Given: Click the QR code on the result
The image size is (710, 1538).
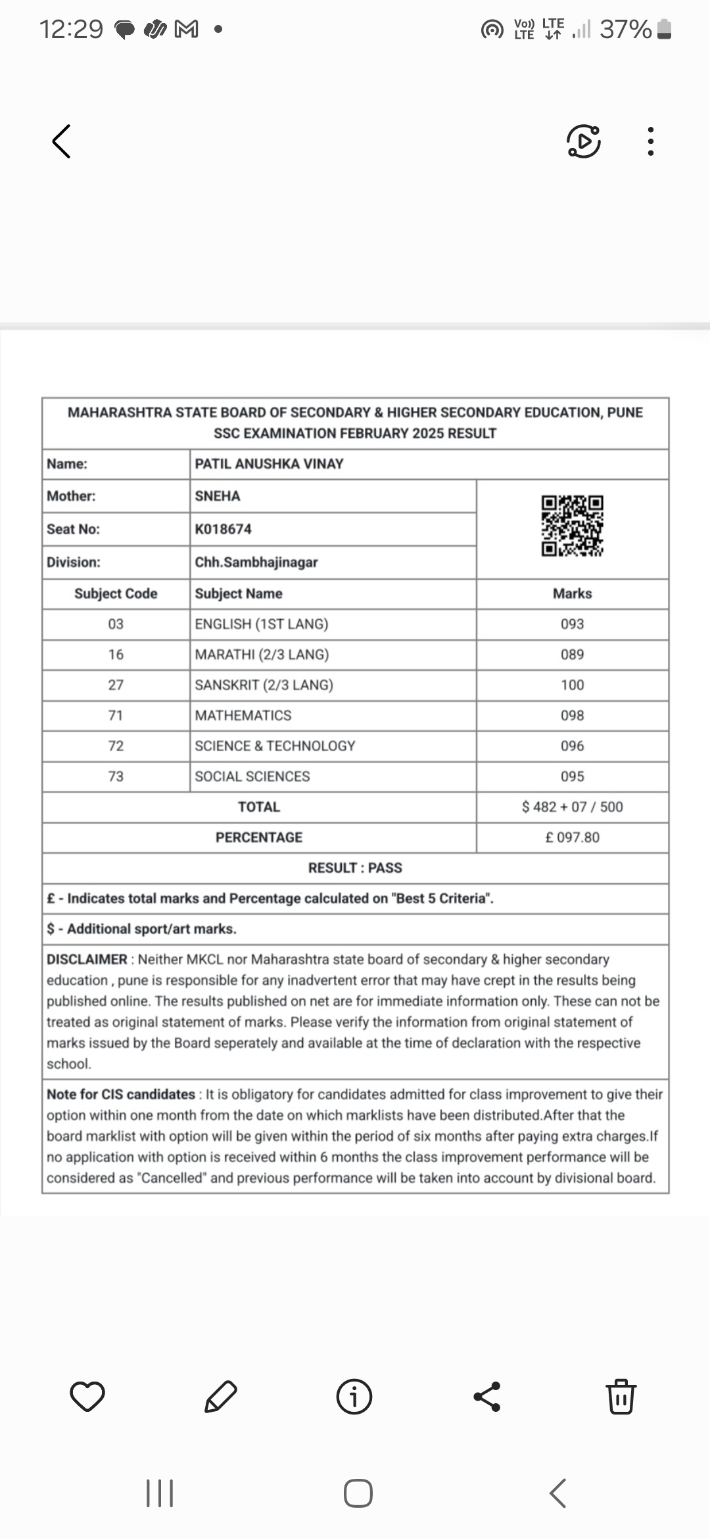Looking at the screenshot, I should pyautogui.click(x=572, y=526).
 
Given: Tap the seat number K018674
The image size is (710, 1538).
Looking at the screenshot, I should pyautogui.click(x=223, y=529).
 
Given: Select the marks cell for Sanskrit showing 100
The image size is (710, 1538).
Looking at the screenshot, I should pyautogui.click(x=572, y=685).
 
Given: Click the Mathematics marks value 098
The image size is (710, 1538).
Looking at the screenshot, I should pyautogui.click(x=572, y=715).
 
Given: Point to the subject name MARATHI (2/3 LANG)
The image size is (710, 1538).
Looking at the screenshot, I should pyautogui.click(x=262, y=655).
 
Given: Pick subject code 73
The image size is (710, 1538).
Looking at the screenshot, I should pyautogui.click(x=116, y=776).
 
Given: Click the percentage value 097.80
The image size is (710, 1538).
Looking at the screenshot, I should pyautogui.click(x=573, y=837).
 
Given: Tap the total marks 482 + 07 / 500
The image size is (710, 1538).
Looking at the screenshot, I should pyautogui.click(x=573, y=807).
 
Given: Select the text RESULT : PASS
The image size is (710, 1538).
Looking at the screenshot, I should pyautogui.click(x=355, y=868).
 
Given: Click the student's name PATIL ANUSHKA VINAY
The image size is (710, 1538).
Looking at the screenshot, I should pyautogui.click(x=269, y=464).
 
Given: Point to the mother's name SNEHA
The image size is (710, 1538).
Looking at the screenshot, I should pyautogui.click(x=218, y=496).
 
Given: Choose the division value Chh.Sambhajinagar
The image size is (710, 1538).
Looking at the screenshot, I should pyautogui.click(x=256, y=563).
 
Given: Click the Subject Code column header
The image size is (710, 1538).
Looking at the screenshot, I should pyautogui.click(x=116, y=594).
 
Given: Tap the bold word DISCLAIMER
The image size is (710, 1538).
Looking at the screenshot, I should pyautogui.click(x=87, y=960).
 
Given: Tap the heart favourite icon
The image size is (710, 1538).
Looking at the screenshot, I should pyautogui.click(x=87, y=1397).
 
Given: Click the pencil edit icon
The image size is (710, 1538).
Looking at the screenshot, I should pyautogui.click(x=221, y=1397).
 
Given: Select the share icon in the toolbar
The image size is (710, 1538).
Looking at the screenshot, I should pyautogui.click(x=487, y=1397).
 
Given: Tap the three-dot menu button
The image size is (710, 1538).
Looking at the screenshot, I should pyautogui.click(x=650, y=141).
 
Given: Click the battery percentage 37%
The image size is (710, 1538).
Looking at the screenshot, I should pyautogui.click(x=625, y=30).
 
